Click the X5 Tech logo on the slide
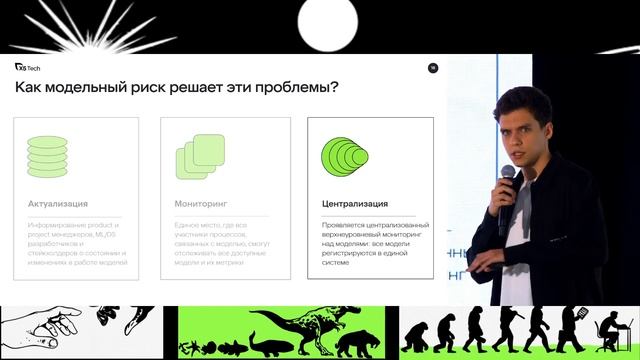[x=27, y=67]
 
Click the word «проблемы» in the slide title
[x=298, y=89]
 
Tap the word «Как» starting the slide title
[x=31, y=89]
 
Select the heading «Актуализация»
[x=59, y=204]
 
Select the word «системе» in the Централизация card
[x=335, y=265]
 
